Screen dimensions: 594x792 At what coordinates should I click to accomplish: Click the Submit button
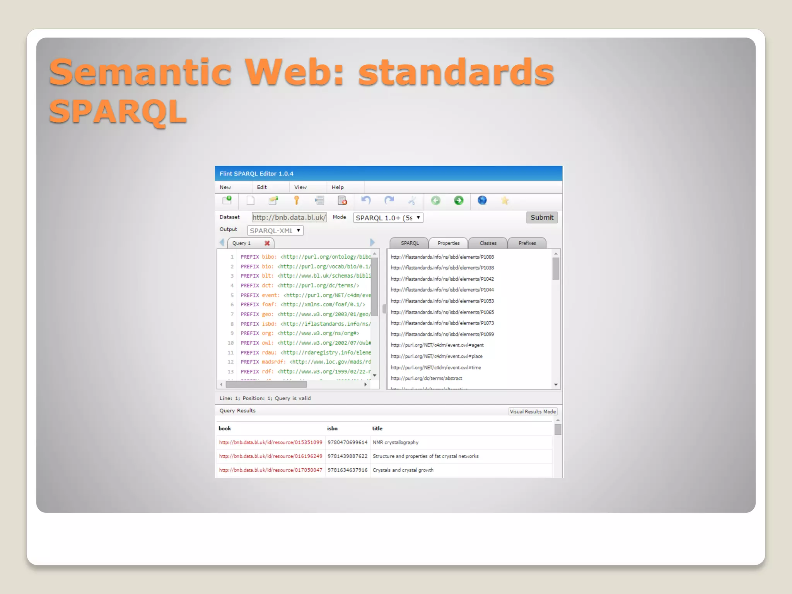(541, 217)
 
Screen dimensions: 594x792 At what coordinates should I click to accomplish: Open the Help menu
(337, 187)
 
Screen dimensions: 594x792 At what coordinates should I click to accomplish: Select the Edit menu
(262, 187)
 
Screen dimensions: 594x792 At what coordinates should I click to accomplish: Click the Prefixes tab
(527, 243)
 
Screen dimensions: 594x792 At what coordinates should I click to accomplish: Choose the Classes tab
(488, 243)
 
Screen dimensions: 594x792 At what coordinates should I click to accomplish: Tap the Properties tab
(448, 243)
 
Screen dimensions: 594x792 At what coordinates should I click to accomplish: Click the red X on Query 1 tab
(267, 243)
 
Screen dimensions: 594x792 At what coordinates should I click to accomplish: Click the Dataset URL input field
(289, 217)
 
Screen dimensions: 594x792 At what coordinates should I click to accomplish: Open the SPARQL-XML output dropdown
(275, 230)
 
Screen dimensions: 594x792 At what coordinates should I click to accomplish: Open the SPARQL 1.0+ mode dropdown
(388, 218)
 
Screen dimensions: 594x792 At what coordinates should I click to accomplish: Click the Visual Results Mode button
(533, 411)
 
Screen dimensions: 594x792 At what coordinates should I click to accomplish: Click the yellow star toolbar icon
(505, 200)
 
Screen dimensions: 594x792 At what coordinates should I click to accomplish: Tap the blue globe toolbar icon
(482, 200)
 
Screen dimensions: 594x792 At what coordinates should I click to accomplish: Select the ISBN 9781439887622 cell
(347, 456)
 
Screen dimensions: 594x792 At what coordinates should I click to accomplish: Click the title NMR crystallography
(395, 442)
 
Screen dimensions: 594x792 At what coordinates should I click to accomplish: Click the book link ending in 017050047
(270, 470)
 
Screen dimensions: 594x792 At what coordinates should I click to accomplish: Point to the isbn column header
(332, 428)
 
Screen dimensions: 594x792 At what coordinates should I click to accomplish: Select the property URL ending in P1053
(442, 301)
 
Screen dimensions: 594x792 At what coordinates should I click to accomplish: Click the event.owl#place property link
(436, 356)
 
